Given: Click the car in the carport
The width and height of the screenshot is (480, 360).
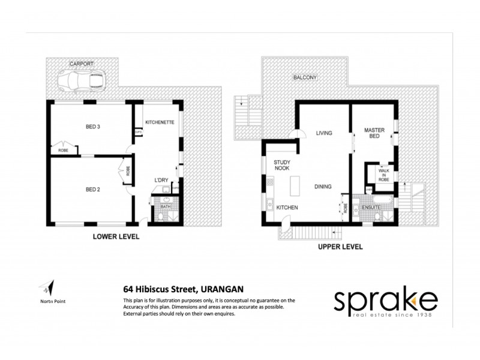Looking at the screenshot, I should pyautogui.click(x=82, y=79).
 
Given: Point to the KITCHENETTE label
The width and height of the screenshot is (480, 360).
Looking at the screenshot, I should pyautogui.click(x=160, y=122).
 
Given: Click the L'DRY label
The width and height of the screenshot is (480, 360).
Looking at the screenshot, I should pyautogui.click(x=161, y=180).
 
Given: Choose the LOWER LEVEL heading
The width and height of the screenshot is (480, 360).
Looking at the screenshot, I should pyautogui.click(x=116, y=236).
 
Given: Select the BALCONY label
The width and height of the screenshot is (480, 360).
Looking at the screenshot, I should pyautogui.click(x=304, y=78).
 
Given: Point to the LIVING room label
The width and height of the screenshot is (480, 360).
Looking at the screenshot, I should pyautogui.click(x=324, y=133).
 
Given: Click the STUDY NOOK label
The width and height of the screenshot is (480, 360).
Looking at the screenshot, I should pyautogui.click(x=282, y=165).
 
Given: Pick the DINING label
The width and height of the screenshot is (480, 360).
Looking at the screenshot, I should pyautogui.click(x=323, y=187).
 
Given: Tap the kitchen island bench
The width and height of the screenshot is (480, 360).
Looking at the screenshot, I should pyautogui.click(x=295, y=188).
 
